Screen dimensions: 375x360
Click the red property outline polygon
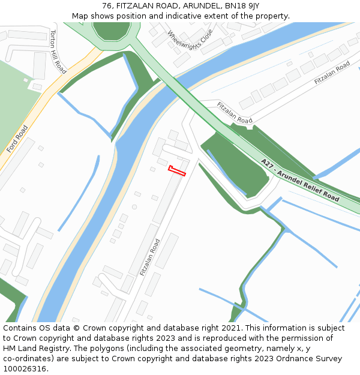[177, 171]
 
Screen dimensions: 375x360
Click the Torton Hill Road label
[58, 52]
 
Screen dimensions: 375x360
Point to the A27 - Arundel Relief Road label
[300, 180]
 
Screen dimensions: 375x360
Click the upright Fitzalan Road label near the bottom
[150, 257]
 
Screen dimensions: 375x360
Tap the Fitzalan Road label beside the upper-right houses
[332, 73]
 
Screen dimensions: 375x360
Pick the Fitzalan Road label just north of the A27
[235, 113]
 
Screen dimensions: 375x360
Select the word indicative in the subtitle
[187, 16]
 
